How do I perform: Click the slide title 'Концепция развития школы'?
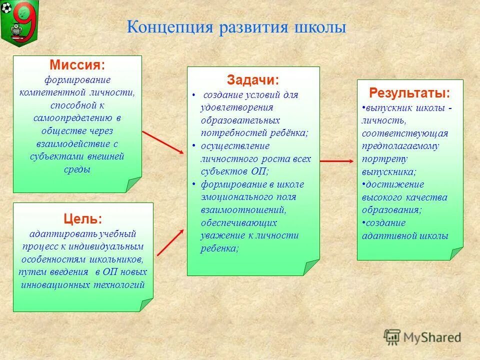[236, 27]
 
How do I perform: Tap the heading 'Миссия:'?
[77, 65]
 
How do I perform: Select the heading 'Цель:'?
[82, 218]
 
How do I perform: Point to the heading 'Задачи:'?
[253, 80]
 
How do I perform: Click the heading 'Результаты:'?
[409, 93]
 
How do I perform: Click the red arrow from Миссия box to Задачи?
[163, 142]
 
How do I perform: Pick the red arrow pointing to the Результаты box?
[336, 160]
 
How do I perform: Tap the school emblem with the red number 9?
[19, 21]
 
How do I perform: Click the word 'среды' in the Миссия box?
[77, 169]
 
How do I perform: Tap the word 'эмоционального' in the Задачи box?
[248, 197]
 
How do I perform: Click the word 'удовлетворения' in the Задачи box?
[237, 107]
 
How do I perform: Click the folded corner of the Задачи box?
[311, 267]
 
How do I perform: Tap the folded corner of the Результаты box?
[456, 253]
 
